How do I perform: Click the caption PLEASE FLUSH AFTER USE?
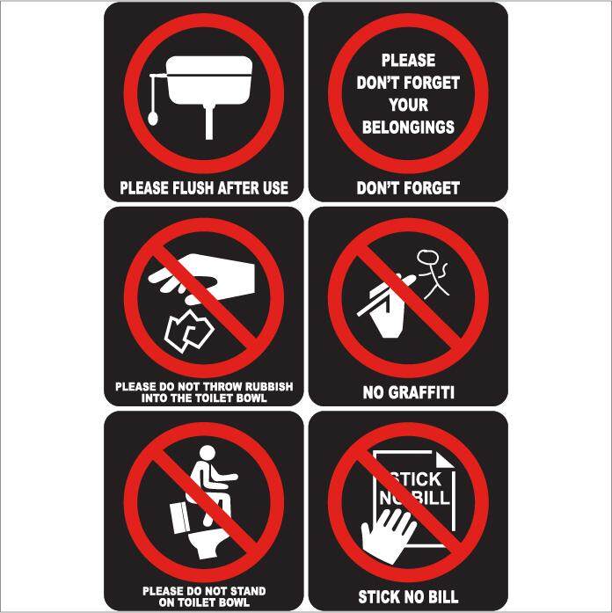[x=204, y=187]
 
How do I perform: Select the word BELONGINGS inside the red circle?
[x=408, y=127]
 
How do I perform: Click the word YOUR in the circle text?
[x=408, y=105]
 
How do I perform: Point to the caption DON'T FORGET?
[x=408, y=187]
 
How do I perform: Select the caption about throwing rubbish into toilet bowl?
[x=204, y=392]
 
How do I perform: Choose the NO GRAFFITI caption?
[x=408, y=392]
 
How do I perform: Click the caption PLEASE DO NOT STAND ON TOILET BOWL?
[x=204, y=595]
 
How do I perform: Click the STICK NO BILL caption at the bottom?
[x=408, y=597]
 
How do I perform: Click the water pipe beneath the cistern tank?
[x=208, y=123]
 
